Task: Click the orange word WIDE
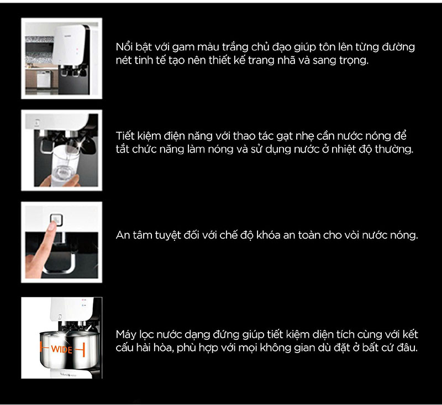click(x=62, y=350)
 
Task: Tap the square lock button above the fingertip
click(x=56, y=219)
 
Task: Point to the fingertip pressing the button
click(x=51, y=227)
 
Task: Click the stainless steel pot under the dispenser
click(x=69, y=350)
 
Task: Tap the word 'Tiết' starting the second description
click(x=125, y=136)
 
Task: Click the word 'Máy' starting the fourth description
click(x=126, y=335)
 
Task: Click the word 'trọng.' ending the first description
click(x=354, y=61)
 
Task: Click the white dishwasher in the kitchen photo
click(x=44, y=79)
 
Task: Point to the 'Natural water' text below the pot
click(x=68, y=375)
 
